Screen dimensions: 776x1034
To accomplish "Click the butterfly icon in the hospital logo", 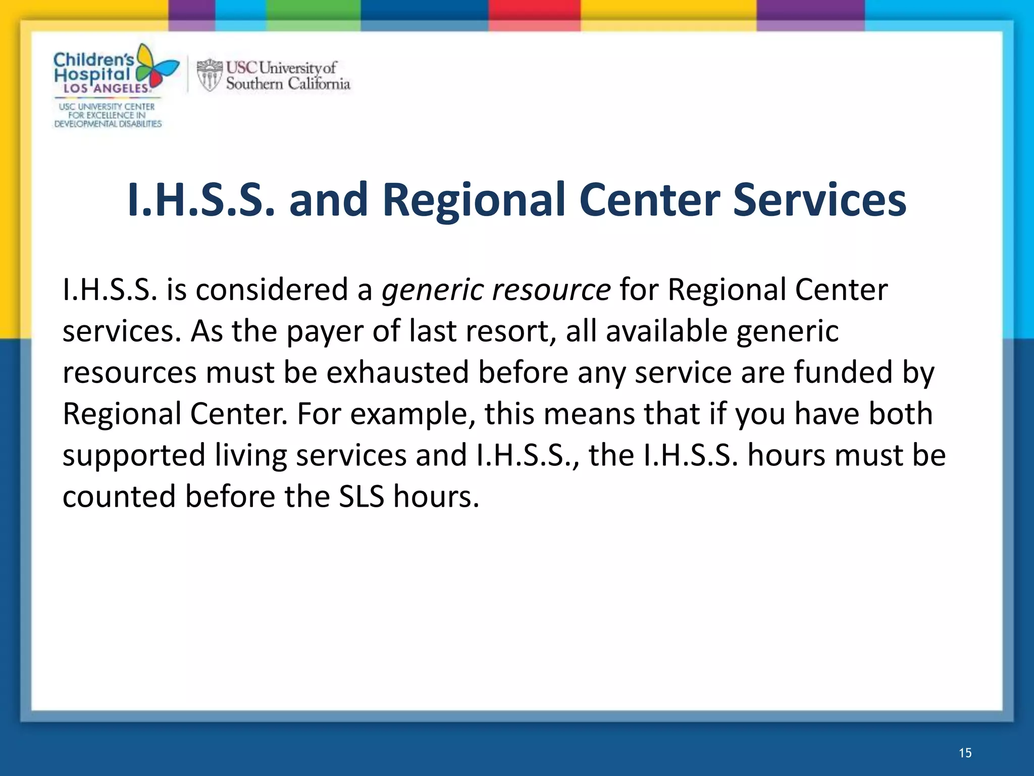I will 158,67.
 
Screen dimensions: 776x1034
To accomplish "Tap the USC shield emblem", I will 209,75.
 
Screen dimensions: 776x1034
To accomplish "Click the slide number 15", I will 965,753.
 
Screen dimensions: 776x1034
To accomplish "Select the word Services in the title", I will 819,200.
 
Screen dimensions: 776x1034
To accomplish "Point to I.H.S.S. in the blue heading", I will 201,200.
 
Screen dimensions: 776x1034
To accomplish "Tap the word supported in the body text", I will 134,455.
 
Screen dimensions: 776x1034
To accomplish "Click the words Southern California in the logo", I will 288,84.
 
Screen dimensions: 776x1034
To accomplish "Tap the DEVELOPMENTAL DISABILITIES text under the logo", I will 108,124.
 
